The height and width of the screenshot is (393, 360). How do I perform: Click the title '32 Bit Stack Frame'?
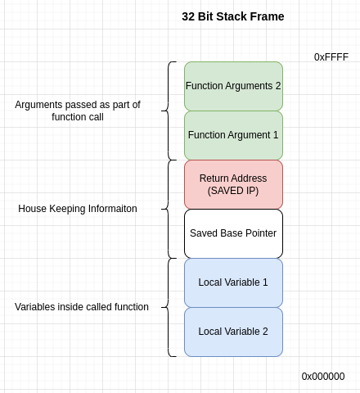[233, 16]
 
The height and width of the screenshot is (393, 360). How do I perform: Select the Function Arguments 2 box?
[233, 86]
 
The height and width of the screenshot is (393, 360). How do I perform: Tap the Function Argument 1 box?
[233, 135]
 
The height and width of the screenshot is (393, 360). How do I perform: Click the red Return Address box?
[233, 184]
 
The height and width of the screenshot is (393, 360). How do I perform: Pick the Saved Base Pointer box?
[233, 233]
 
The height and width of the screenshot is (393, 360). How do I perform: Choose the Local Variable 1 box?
[233, 282]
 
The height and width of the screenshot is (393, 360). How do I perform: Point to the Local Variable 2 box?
[233, 332]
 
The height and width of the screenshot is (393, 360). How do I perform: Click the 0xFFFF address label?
[331, 57]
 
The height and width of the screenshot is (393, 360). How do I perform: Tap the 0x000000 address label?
[323, 377]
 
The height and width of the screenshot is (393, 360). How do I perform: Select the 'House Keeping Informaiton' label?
[78, 209]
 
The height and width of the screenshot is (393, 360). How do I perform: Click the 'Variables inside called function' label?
[82, 307]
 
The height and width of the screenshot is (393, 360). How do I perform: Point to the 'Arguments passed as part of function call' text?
[78, 111]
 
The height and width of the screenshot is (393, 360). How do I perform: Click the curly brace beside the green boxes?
[171, 111]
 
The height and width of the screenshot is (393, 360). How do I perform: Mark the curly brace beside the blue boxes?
[171, 307]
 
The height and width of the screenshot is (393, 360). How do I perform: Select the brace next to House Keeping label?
[171, 209]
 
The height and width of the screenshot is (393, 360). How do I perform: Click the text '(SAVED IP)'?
[233, 191]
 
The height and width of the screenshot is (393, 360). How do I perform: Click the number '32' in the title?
[189, 16]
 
